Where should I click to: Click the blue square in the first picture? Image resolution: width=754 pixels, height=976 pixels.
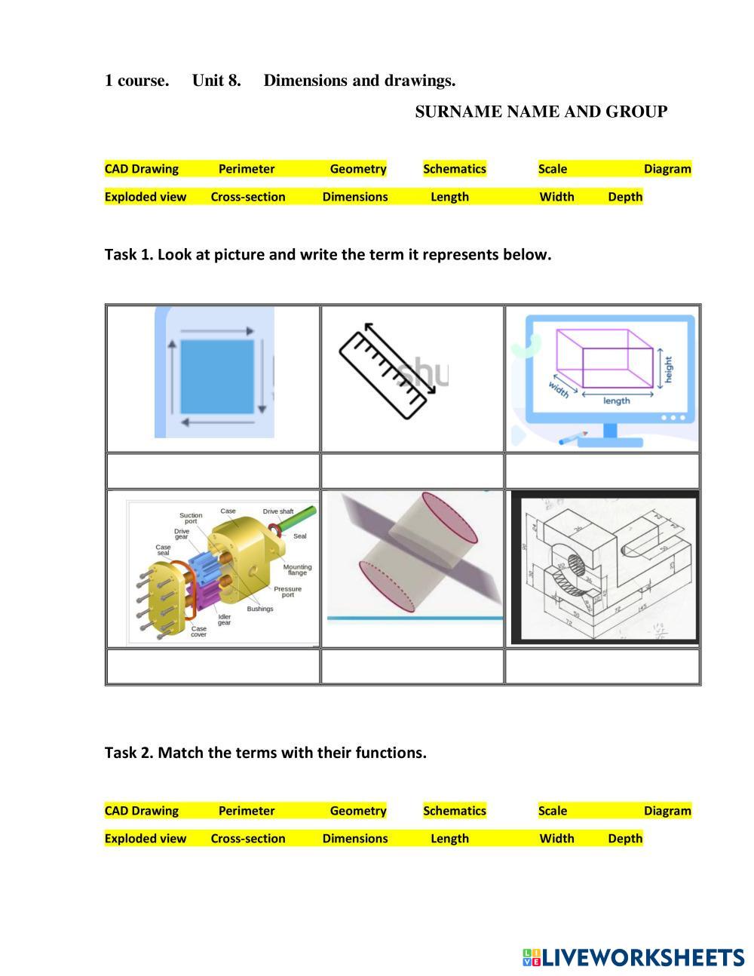click(216, 376)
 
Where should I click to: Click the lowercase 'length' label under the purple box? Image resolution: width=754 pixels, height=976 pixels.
click(616, 401)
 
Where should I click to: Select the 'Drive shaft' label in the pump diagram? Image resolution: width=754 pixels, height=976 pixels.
click(277, 511)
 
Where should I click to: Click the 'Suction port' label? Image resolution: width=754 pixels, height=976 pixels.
click(191, 518)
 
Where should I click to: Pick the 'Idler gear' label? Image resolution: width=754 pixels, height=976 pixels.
click(225, 619)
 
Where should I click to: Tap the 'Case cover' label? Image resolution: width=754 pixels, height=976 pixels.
click(198, 631)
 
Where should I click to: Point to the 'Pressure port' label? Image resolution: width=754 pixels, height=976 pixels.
click(287, 592)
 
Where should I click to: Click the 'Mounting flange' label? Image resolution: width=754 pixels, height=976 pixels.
click(297, 569)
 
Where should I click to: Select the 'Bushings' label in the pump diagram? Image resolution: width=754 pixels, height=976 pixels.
click(260, 609)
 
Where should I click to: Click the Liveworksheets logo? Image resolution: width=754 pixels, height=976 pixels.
click(633, 957)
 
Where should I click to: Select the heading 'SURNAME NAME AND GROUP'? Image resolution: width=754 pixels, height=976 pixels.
click(541, 112)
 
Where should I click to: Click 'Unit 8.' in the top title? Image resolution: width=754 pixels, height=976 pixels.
click(216, 81)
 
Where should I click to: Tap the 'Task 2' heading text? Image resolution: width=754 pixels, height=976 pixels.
click(265, 752)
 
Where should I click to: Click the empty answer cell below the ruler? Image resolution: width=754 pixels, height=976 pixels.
click(412, 471)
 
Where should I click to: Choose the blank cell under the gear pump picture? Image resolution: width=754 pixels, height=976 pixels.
click(213, 666)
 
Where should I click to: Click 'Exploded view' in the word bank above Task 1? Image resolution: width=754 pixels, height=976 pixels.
click(146, 197)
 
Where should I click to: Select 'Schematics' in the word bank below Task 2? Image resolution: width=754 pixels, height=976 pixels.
click(455, 811)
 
